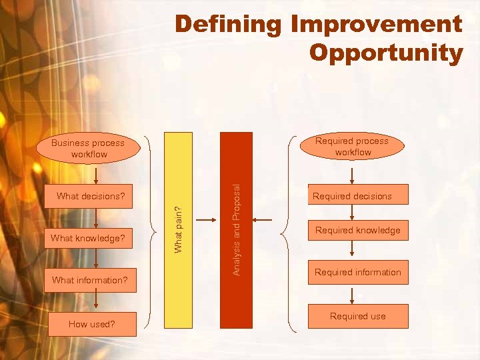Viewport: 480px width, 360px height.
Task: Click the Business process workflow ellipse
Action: (88, 148)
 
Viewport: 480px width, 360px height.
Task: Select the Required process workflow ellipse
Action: (353, 147)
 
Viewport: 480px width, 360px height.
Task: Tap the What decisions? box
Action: (91, 196)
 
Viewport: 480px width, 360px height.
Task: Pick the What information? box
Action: (90, 280)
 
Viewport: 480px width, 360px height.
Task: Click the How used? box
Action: (92, 324)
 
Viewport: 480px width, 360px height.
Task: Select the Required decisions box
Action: (353, 196)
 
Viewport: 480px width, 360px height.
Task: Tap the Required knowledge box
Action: (358, 230)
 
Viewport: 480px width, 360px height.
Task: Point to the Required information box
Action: (358, 272)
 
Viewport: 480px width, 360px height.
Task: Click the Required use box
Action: (358, 316)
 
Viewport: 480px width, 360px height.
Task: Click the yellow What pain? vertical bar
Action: (178, 229)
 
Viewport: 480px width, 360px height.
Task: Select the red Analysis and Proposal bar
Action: (236, 229)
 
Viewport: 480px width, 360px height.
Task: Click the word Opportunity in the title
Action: (386, 53)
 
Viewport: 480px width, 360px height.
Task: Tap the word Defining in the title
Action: (229, 25)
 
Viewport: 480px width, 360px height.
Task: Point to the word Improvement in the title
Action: (376, 25)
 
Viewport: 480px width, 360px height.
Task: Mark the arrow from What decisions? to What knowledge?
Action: (97, 217)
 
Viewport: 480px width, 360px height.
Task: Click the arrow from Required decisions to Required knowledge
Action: (353, 213)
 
